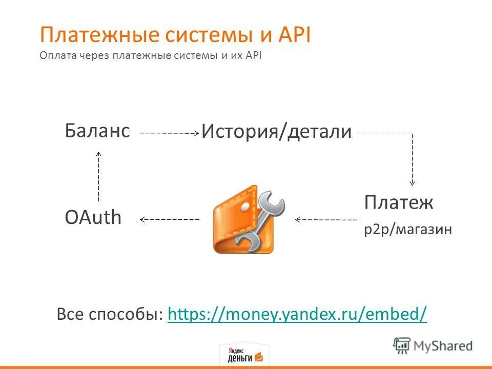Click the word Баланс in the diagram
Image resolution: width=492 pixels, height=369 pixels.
(97, 131)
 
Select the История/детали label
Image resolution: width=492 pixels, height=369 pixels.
(277, 132)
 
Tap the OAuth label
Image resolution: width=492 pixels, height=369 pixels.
(93, 218)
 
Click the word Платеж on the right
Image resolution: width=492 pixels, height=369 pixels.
(399, 202)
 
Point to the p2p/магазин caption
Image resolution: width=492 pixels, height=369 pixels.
(408, 230)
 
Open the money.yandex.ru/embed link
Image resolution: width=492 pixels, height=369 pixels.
(297, 313)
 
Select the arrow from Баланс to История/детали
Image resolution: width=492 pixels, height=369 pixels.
(169, 133)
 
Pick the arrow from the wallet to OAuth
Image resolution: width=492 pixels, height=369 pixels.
(169, 219)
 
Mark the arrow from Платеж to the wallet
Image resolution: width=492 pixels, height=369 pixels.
(326, 219)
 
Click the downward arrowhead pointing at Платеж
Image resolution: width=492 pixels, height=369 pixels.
(412, 182)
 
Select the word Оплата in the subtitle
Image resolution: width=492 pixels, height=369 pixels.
(58, 55)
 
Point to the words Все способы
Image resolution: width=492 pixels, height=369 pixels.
(110, 313)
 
